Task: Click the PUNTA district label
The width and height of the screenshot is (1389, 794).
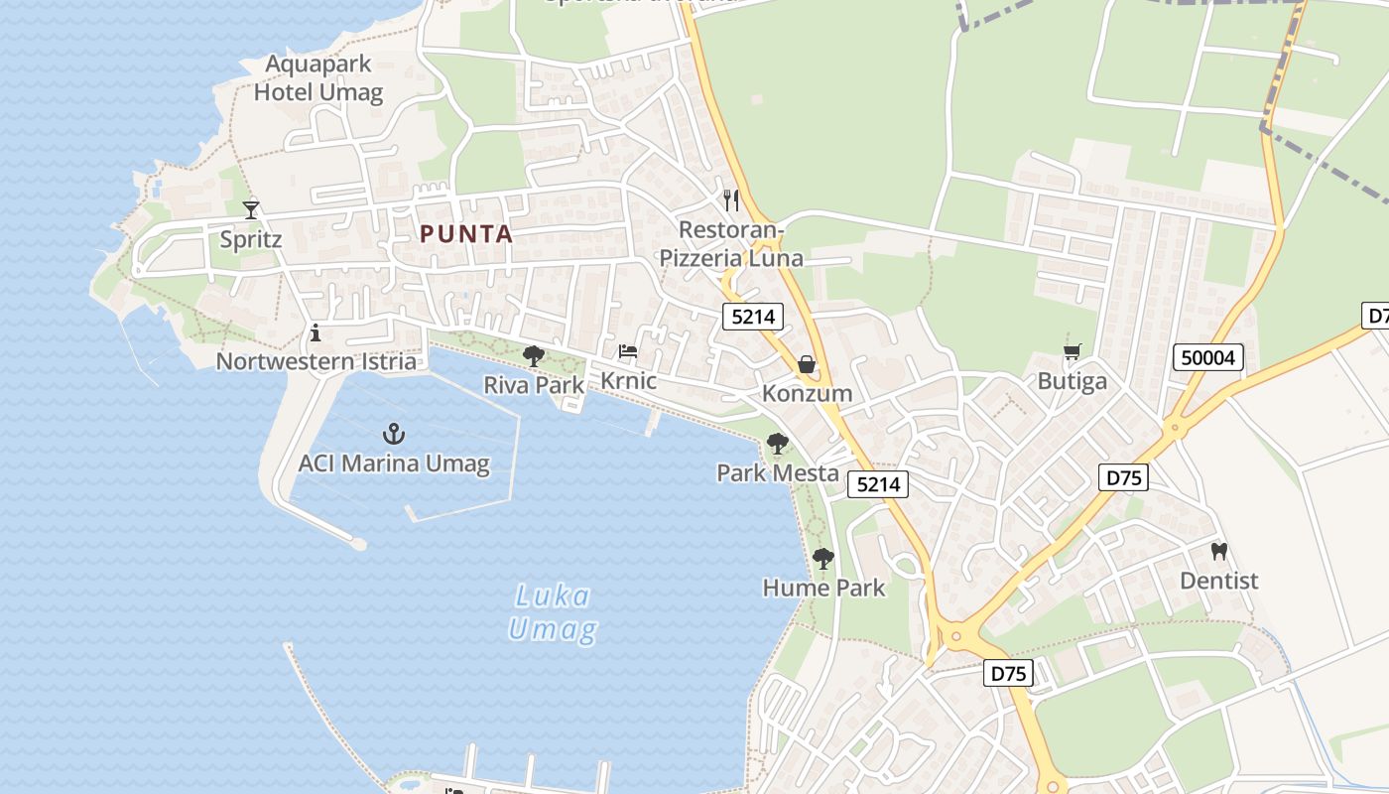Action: coord(466,235)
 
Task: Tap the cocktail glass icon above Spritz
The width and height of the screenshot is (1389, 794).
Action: coord(251,209)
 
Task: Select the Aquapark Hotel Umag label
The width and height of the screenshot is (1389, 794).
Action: coord(318,79)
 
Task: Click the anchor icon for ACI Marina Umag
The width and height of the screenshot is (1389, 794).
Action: coord(394,434)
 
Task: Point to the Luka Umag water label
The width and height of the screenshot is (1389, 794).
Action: coord(553,612)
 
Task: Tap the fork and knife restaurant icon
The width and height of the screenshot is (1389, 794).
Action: coord(731,200)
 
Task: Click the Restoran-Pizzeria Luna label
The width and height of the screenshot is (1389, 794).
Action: coord(731,244)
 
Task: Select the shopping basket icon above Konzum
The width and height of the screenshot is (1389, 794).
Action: coord(807,364)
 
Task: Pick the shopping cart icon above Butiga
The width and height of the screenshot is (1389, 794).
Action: coord(1072,352)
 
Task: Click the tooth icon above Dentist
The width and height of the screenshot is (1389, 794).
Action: coord(1219,551)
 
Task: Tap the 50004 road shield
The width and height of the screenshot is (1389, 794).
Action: coord(1207,357)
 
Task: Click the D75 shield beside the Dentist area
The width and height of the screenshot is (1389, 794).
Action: coord(1124,477)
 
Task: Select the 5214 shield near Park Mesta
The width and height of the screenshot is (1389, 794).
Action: coord(878,484)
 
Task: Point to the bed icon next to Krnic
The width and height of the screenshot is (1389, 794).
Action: coord(628,351)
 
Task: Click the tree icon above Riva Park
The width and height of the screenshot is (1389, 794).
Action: coord(534,355)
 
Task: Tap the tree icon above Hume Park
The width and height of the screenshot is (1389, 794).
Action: coord(822,558)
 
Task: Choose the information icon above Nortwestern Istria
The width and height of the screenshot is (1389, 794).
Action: coord(316,331)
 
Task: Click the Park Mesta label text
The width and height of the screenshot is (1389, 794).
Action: coord(778,472)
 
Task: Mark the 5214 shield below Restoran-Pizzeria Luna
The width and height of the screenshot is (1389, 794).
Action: coord(753,317)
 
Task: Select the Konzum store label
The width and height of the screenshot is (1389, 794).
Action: coord(807,393)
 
